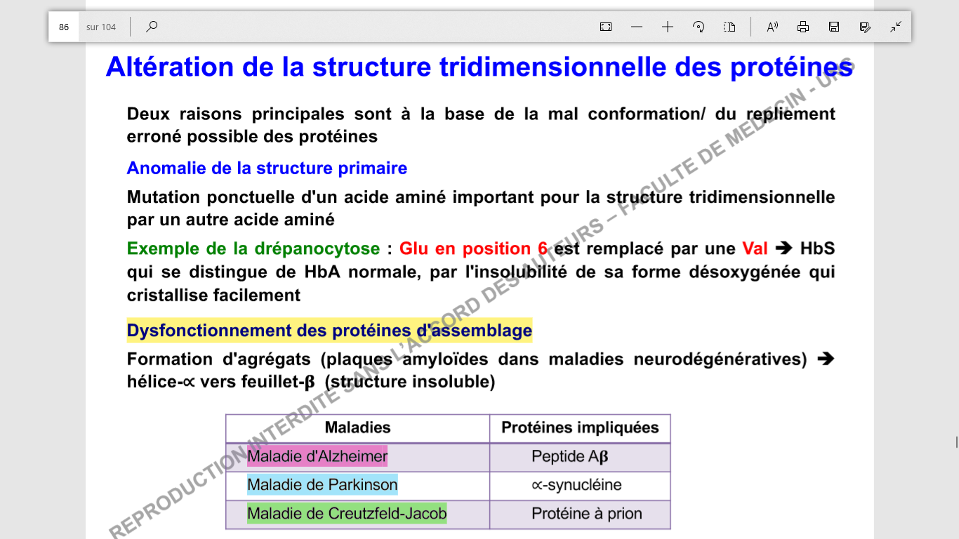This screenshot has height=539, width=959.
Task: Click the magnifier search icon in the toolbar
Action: [x=152, y=27]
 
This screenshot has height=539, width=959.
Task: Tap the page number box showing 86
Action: [x=64, y=27]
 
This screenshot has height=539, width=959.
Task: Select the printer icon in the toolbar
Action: [x=803, y=27]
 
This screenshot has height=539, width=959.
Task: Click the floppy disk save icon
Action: [x=834, y=27]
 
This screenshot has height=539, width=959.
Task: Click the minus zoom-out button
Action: [x=637, y=27]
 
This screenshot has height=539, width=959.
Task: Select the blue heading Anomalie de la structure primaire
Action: [x=267, y=168]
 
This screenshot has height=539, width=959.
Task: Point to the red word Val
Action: [x=755, y=248]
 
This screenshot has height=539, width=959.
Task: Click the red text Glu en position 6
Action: [x=473, y=248]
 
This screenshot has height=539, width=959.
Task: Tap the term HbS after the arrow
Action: [x=817, y=248]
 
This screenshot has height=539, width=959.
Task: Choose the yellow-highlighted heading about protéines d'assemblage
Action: [x=329, y=330]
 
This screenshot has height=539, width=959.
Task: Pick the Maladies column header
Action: [x=357, y=427]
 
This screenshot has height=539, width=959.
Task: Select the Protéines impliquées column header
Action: [x=580, y=427]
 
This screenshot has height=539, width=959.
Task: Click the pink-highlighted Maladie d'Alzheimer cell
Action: [x=317, y=456]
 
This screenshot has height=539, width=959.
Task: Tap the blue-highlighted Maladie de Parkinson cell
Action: [x=322, y=485]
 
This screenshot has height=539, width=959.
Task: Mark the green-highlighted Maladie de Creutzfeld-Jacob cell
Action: [x=347, y=514]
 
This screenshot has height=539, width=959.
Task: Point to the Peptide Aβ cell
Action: [x=569, y=456]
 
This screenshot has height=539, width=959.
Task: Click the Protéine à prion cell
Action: [x=586, y=514]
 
